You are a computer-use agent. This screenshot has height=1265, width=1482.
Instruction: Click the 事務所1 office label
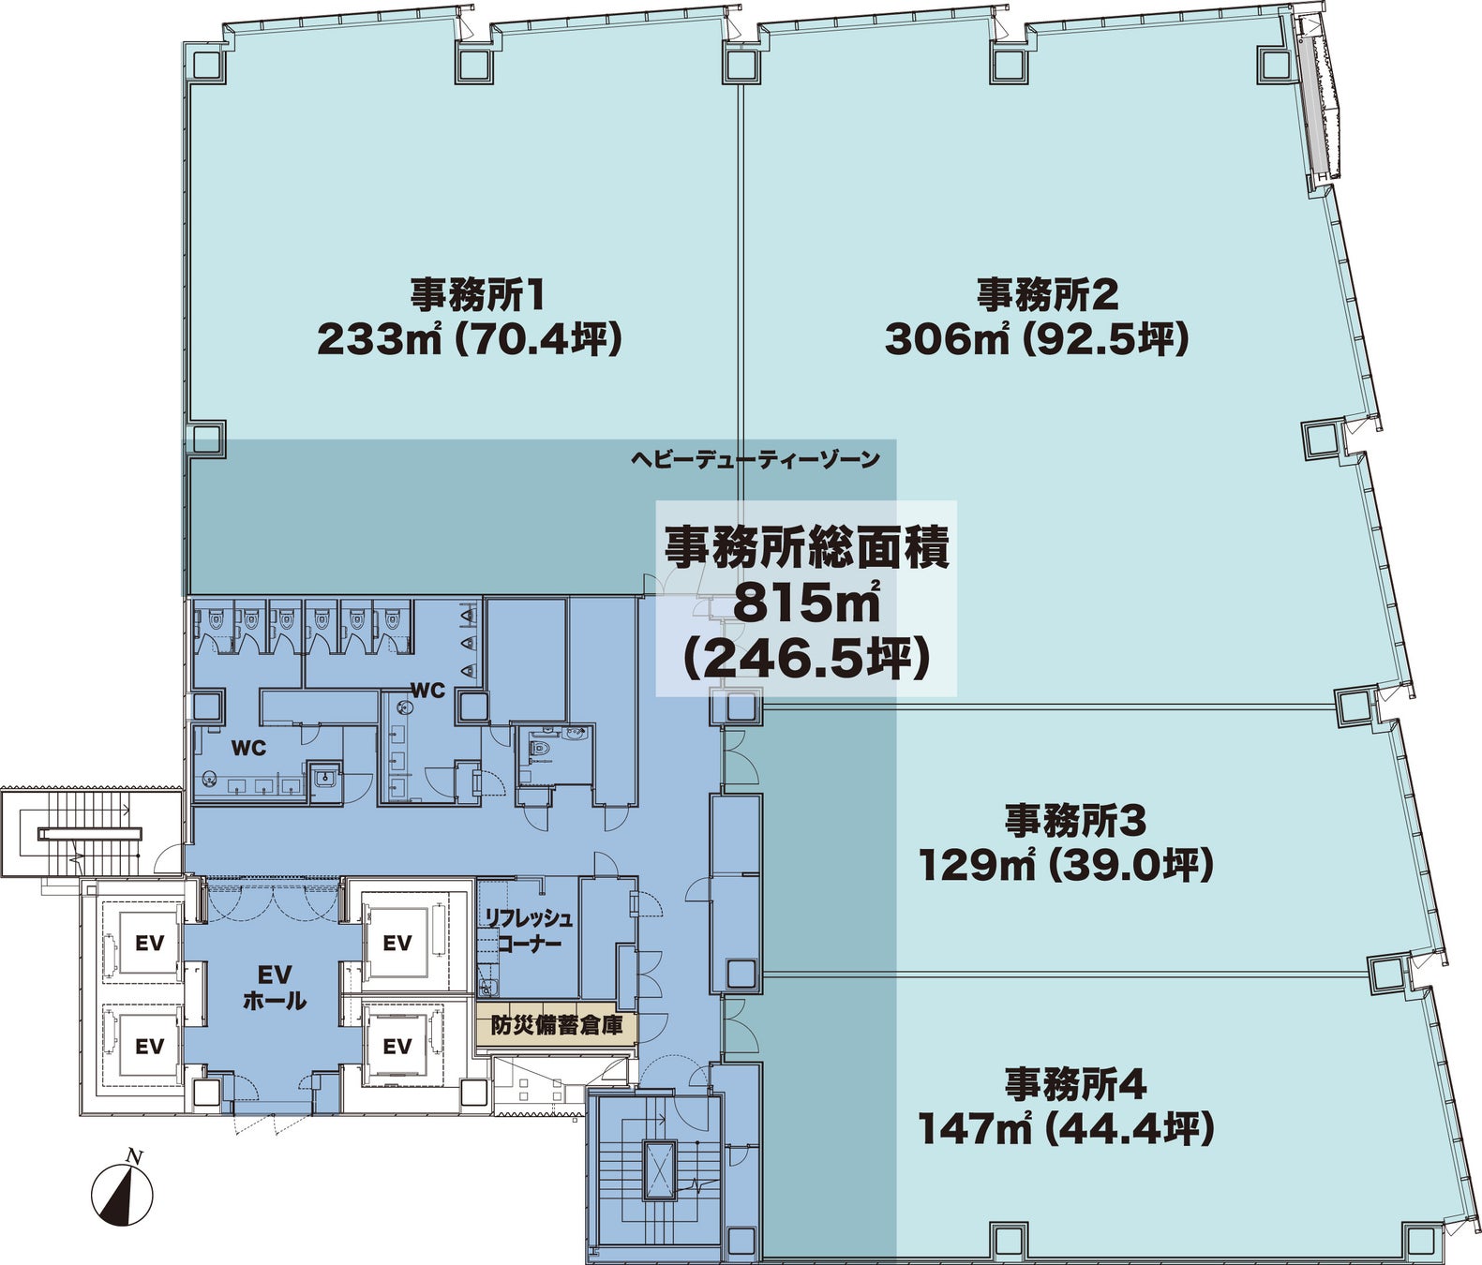point(477,294)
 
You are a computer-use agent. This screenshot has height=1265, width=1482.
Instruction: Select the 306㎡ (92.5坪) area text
point(1037,339)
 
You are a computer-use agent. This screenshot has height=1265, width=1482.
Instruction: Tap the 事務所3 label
point(1075,822)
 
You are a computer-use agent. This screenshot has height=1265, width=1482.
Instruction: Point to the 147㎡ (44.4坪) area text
point(1066,1130)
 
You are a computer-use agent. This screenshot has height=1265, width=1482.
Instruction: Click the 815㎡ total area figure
point(806,603)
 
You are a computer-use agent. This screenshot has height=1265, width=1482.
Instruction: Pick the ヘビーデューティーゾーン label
point(755,459)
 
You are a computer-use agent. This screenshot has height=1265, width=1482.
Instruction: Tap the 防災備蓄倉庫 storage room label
point(556,1026)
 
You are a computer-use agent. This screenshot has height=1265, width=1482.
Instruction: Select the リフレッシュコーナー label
point(529,930)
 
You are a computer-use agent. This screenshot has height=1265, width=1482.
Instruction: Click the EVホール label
point(275,988)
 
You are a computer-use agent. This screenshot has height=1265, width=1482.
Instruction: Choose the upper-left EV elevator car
point(149,944)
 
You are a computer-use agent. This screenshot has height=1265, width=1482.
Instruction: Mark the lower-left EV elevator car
point(149,1047)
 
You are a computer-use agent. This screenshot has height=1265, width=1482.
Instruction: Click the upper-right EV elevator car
point(397,943)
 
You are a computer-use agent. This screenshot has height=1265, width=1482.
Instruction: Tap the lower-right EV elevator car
point(397,1047)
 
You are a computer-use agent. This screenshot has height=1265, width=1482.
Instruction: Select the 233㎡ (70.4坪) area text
point(470,339)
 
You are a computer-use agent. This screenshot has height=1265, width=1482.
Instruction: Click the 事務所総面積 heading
point(806,547)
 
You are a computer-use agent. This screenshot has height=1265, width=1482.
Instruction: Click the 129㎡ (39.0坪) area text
point(1066,865)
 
